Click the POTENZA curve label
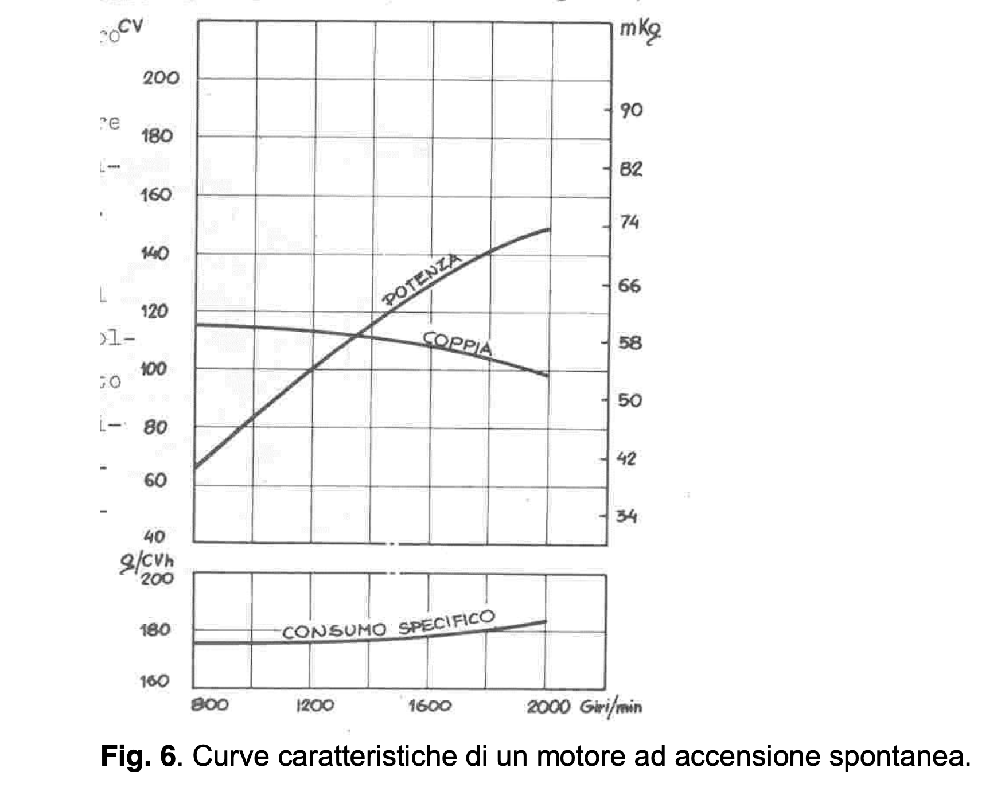point(422,279)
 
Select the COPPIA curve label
point(458,344)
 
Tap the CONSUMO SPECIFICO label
point(388,626)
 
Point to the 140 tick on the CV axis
point(155,253)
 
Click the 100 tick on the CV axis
point(154,369)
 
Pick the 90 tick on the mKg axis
point(631,110)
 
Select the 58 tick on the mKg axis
point(630,343)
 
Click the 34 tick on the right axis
point(627,516)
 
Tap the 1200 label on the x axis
point(315,705)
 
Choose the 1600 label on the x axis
point(430,705)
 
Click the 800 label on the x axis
point(209,704)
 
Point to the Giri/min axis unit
point(611,706)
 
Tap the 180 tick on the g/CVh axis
point(155,630)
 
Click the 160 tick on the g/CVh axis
point(155,681)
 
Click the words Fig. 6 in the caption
point(138,756)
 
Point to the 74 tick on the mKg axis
point(629,222)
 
